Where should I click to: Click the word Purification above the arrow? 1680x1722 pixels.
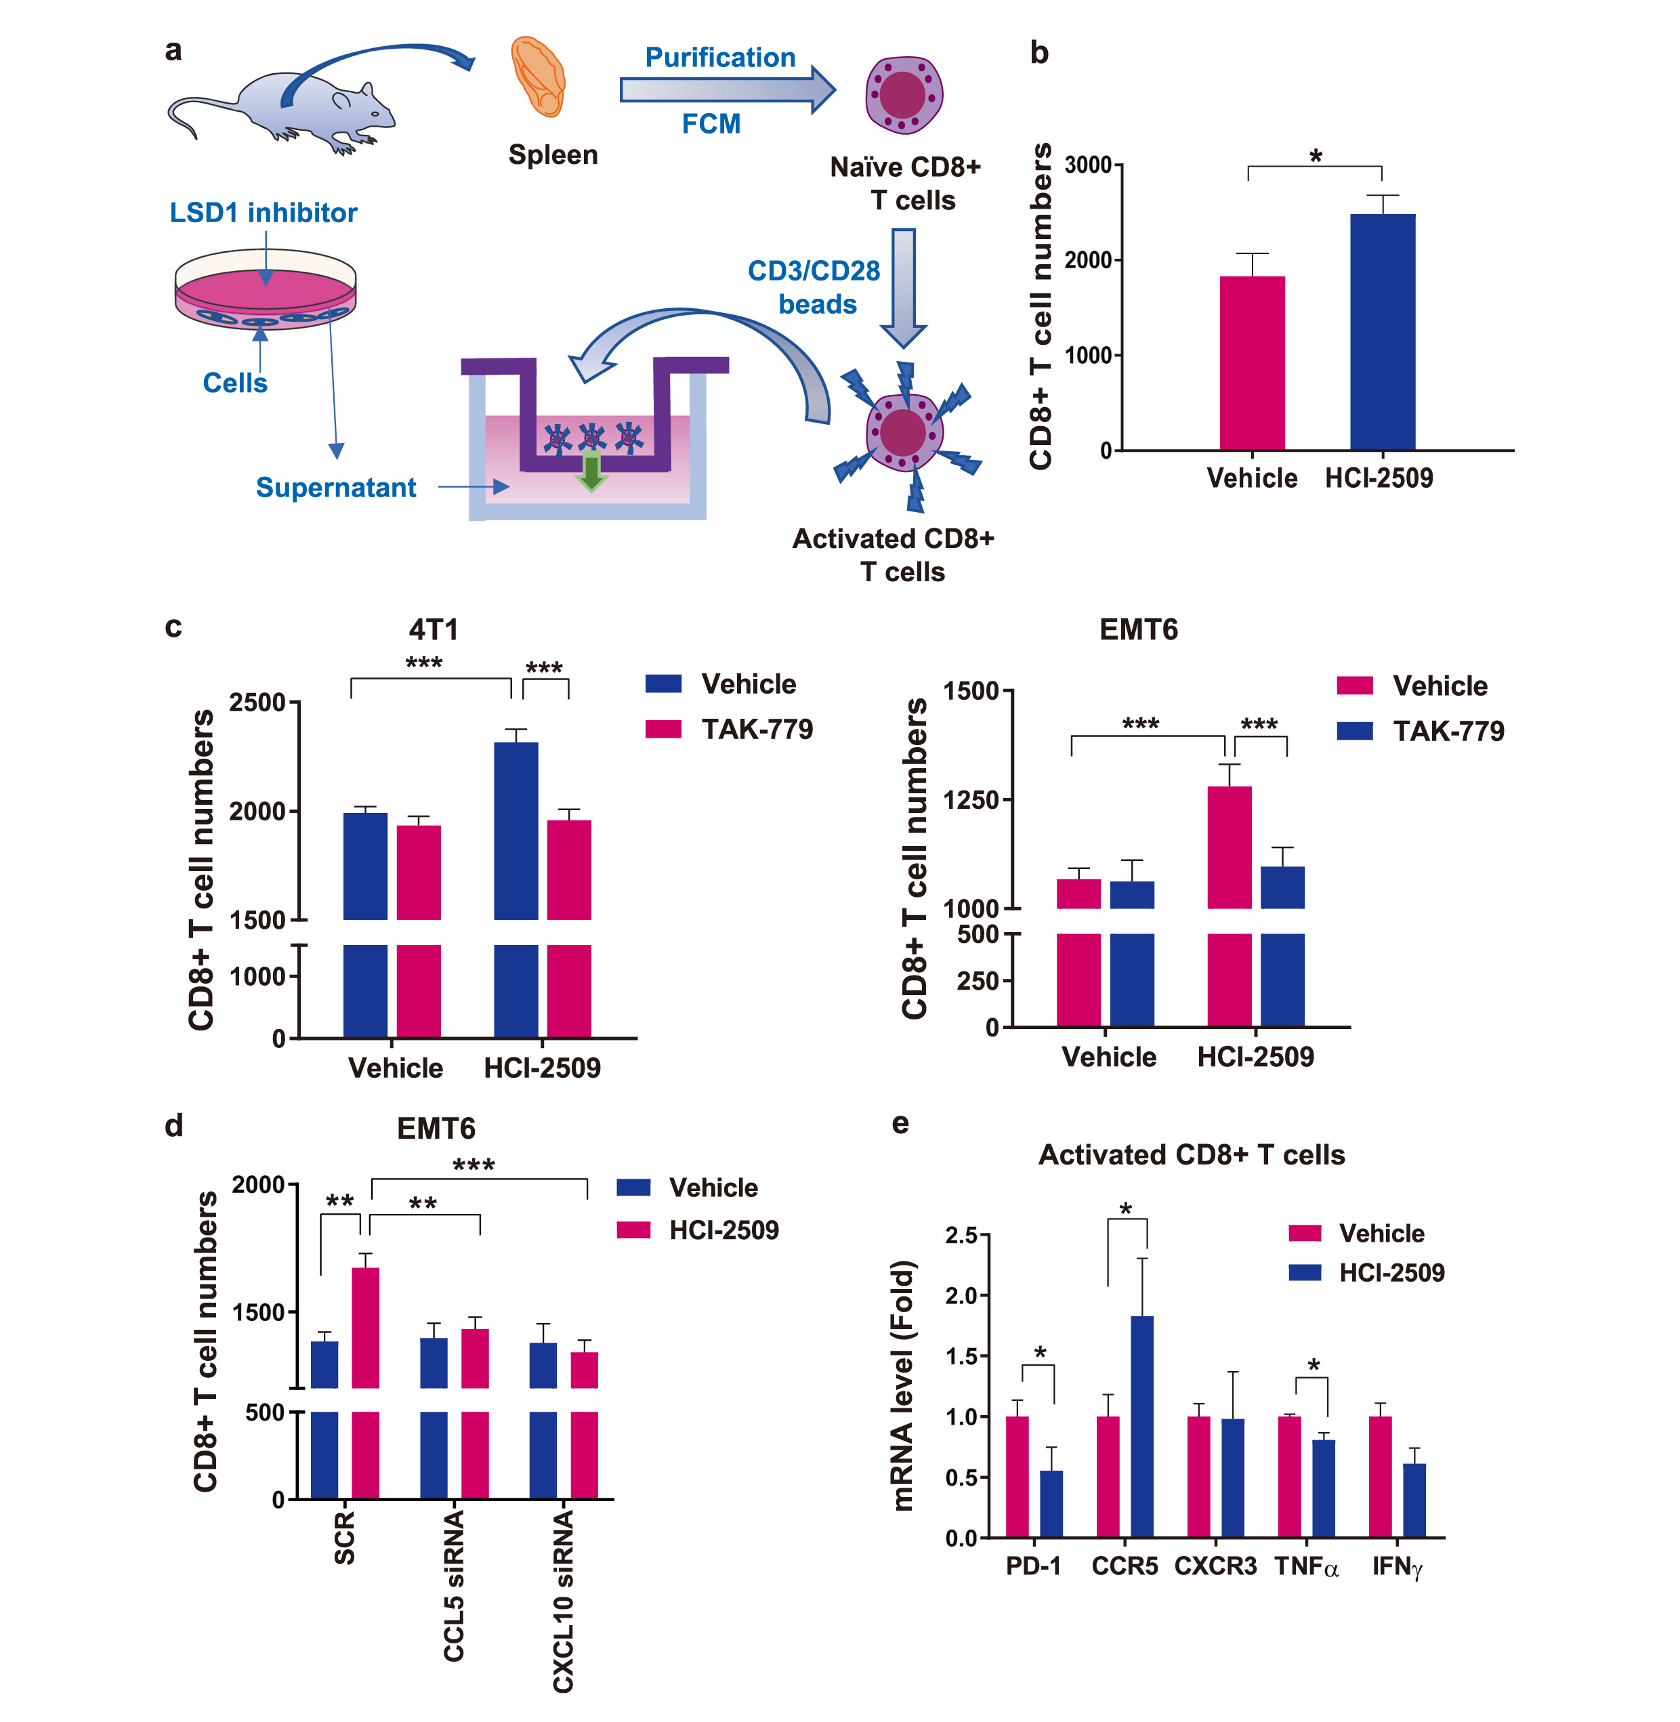(x=720, y=58)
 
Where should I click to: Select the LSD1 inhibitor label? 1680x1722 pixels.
(x=263, y=213)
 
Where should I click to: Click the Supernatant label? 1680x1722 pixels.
(x=335, y=488)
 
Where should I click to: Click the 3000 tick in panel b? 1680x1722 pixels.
(x=1087, y=165)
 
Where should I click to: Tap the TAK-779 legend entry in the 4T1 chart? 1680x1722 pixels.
(x=756, y=730)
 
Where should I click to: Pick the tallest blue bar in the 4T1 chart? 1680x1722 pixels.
(x=516, y=829)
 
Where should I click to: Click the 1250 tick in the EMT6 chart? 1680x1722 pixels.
(x=971, y=799)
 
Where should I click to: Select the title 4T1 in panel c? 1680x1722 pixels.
(x=434, y=629)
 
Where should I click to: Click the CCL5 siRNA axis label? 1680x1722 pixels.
(x=453, y=1585)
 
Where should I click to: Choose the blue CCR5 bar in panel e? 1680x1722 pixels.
(x=1141, y=1427)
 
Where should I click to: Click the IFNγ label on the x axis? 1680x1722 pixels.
(x=1397, y=1567)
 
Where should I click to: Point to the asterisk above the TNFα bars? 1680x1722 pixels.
(x=1314, y=1366)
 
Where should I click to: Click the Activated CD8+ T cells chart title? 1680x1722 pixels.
(x=1191, y=1155)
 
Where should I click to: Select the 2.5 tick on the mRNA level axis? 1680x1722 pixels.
(x=961, y=1235)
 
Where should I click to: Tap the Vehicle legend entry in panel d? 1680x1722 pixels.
(x=713, y=1188)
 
